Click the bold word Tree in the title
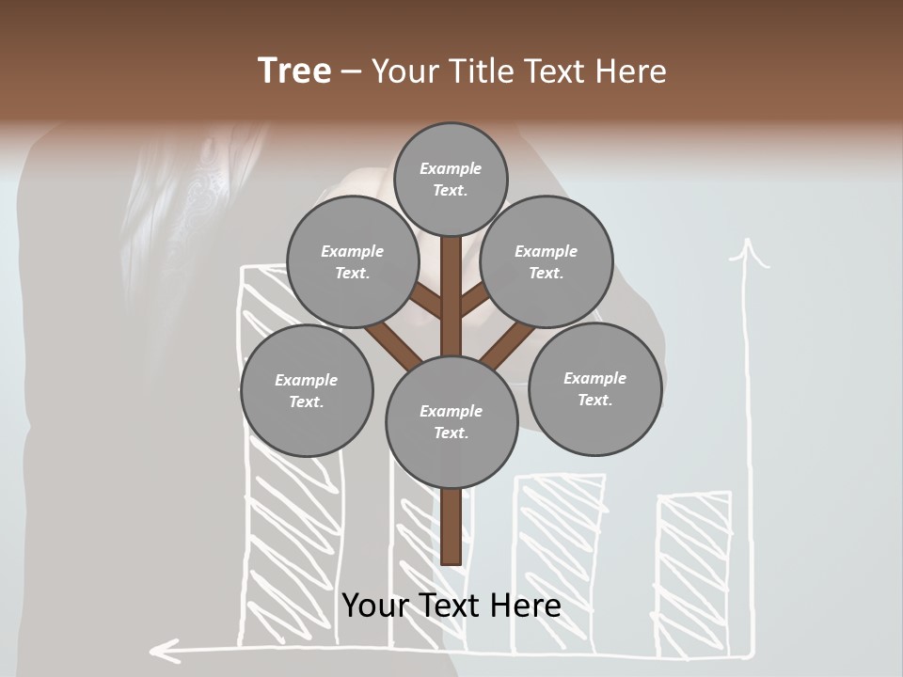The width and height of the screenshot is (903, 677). [x=294, y=71]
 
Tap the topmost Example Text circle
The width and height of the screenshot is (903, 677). [x=451, y=179]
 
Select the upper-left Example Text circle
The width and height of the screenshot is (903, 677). [x=353, y=262]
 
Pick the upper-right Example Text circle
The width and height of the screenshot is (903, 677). [x=547, y=262]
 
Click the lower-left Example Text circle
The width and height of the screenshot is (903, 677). [x=307, y=391]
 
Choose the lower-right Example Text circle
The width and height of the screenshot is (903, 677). [x=594, y=389]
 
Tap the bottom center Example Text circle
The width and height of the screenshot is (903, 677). [x=451, y=422]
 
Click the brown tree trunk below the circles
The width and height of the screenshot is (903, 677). [x=451, y=527]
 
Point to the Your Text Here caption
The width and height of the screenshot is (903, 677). [x=451, y=606]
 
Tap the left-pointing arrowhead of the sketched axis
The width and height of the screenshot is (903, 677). [x=165, y=648]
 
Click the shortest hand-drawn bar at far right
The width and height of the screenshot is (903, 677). [x=694, y=574]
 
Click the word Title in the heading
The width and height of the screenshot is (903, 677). [x=481, y=71]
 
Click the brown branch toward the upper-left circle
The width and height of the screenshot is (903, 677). [x=425, y=300]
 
